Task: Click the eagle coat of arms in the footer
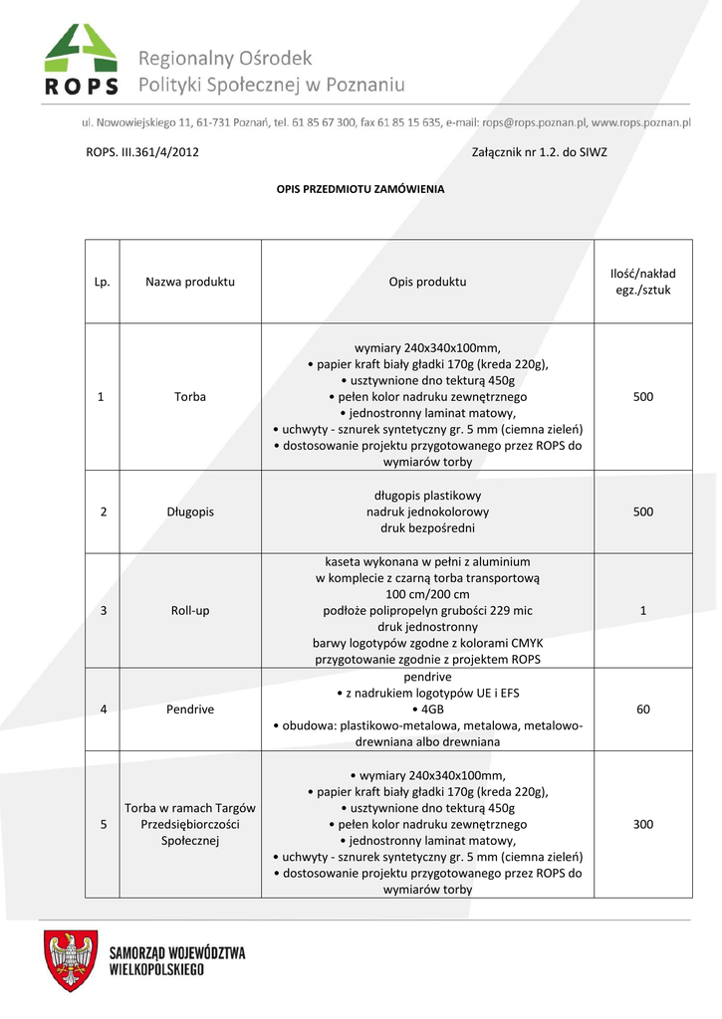coord(70,961)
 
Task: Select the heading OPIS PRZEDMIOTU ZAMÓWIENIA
coord(360,188)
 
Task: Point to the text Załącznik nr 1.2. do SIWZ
coord(539,152)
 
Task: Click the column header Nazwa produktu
coord(190,282)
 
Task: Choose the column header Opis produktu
coord(427,282)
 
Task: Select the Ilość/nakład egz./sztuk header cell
coord(642,282)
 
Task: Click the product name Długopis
coord(190,511)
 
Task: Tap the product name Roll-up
coord(190,610)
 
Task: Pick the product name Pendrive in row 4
coord(190,710)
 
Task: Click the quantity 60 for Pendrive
coord(642,710)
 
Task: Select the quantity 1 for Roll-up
coord(642,610)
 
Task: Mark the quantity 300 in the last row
coord(642,825)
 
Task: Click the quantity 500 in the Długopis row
coord(642,511)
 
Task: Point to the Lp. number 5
coord(102,825)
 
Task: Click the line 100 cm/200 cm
coord(427,594)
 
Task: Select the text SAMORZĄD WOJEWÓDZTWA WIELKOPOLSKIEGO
coord(177,960)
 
